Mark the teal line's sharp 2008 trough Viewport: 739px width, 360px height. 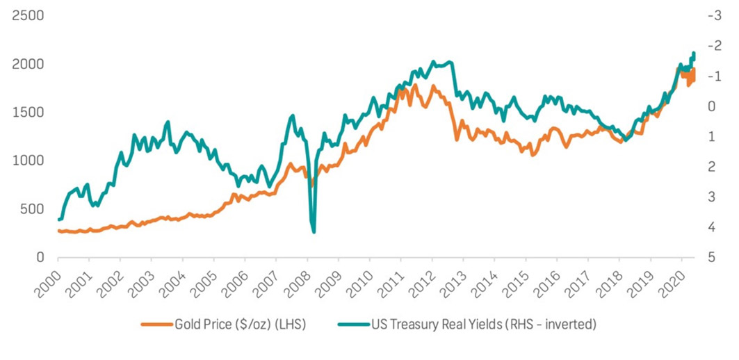click(314, 231)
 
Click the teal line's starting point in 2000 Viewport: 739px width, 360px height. click(59, 220)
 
